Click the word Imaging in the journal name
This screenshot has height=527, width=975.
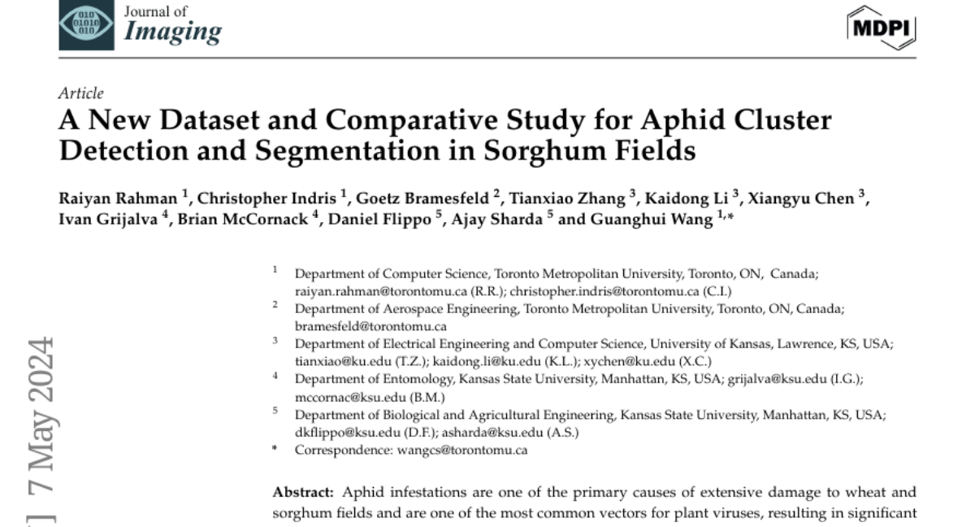(172, 32)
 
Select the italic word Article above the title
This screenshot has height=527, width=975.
(81, 94)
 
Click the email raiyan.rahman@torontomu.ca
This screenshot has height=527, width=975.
(360, 291)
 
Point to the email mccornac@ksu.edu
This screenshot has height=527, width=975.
(342, 396)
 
